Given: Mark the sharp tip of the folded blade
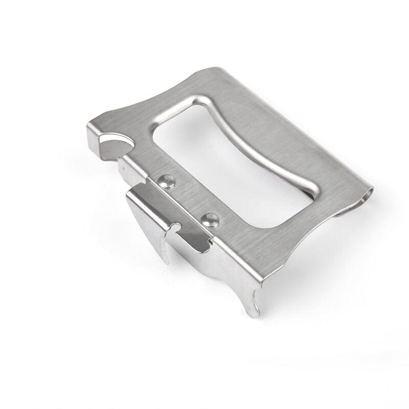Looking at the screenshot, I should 167,261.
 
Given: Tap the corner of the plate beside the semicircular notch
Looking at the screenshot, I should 92,126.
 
